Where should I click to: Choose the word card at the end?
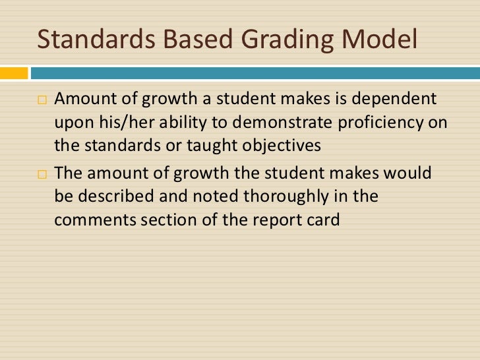(x=322, y=219)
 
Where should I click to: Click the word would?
(x=410, y=174)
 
